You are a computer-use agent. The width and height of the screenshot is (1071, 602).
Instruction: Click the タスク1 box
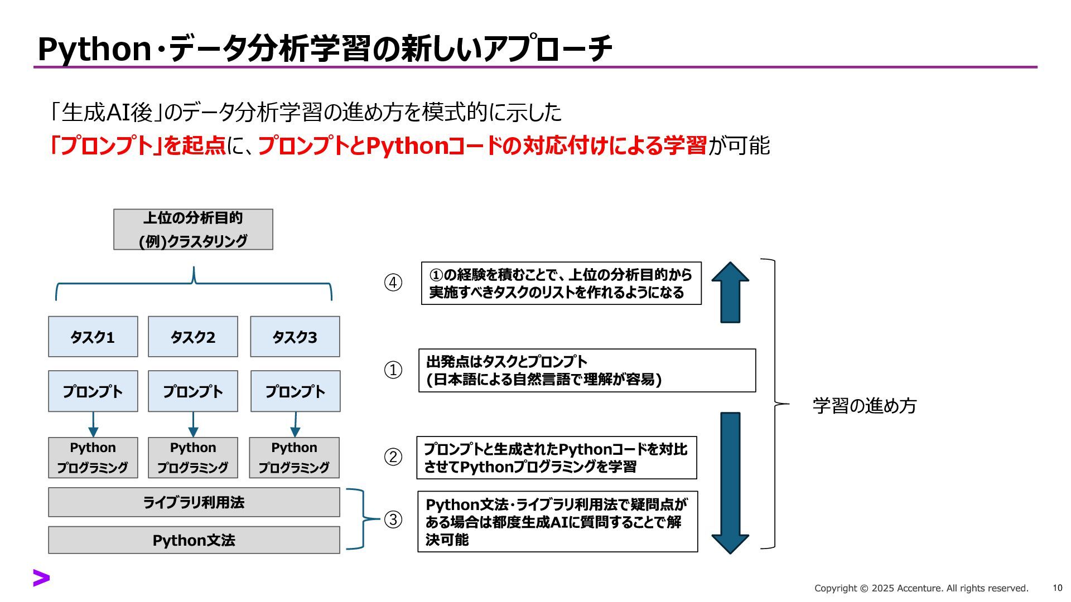(x=93, y=337)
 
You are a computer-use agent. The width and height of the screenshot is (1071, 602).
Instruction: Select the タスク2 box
(x=192, y=337)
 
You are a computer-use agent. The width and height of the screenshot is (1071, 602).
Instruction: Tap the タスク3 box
(x=295, y=337)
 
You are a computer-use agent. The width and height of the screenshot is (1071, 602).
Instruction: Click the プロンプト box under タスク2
(x=192, y=391)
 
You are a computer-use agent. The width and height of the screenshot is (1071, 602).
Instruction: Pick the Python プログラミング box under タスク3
(x=294, y=458)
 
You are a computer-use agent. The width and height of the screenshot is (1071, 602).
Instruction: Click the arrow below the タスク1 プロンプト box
(x=93, y=425)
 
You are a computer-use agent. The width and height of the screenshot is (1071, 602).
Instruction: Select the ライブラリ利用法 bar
(x=194, y=502)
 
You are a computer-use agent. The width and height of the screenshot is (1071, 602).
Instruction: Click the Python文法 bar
(x=194, y=540)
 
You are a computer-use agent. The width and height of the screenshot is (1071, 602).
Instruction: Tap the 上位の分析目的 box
(x=193, y=230)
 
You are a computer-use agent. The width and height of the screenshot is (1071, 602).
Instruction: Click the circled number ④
(x=393, y=283)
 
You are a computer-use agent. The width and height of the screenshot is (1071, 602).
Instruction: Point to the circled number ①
(x=393, y=370)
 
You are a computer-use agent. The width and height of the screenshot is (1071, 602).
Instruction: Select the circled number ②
(x=393, y=457)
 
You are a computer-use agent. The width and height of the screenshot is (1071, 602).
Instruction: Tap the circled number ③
(x=393, y=520)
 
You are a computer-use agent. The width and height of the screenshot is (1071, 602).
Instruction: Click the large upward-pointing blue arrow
(x=730, y=292)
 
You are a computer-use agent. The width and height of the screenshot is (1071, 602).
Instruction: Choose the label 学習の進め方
(x=865, y=405)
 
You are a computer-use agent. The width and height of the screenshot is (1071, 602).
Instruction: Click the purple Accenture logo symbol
(x=41, y=578)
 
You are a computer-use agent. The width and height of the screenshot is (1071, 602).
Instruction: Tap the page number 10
(x=1058, y=588)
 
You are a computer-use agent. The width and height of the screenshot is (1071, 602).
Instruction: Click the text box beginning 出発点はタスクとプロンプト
(x=587, y=371)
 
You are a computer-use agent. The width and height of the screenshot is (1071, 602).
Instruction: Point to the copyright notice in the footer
(x=921, y=588)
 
